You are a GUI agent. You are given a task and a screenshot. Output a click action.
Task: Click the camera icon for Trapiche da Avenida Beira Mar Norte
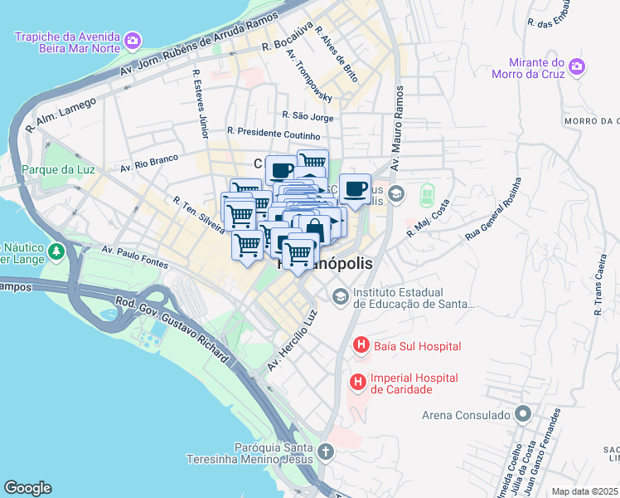pyautogui.click(x=132, y=40)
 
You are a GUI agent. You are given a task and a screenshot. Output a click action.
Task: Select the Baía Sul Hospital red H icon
pyautogui.click(x=361, y=344)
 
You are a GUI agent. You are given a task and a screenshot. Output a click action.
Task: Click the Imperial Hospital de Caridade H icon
pyautogui.click(x=357, y=382)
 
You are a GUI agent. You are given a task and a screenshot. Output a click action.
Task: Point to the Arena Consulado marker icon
pyautogui.click(x=522, y=413)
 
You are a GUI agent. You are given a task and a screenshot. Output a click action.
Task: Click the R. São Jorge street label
pyautogui.click(x=308, y=117)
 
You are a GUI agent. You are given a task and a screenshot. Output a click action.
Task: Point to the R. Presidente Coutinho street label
pyautogui.click(x=273, y=133)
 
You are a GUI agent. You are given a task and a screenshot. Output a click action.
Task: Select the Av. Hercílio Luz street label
pyautogui.click(x=292, y=341)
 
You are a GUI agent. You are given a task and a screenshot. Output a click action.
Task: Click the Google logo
pyautogui.click(x=27, y=488)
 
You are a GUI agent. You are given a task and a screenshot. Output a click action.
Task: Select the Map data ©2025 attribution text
pyautogui.click(x=584, y=491)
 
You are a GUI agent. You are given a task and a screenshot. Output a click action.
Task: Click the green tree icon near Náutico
pyautogui.click(x=56, y=250)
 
